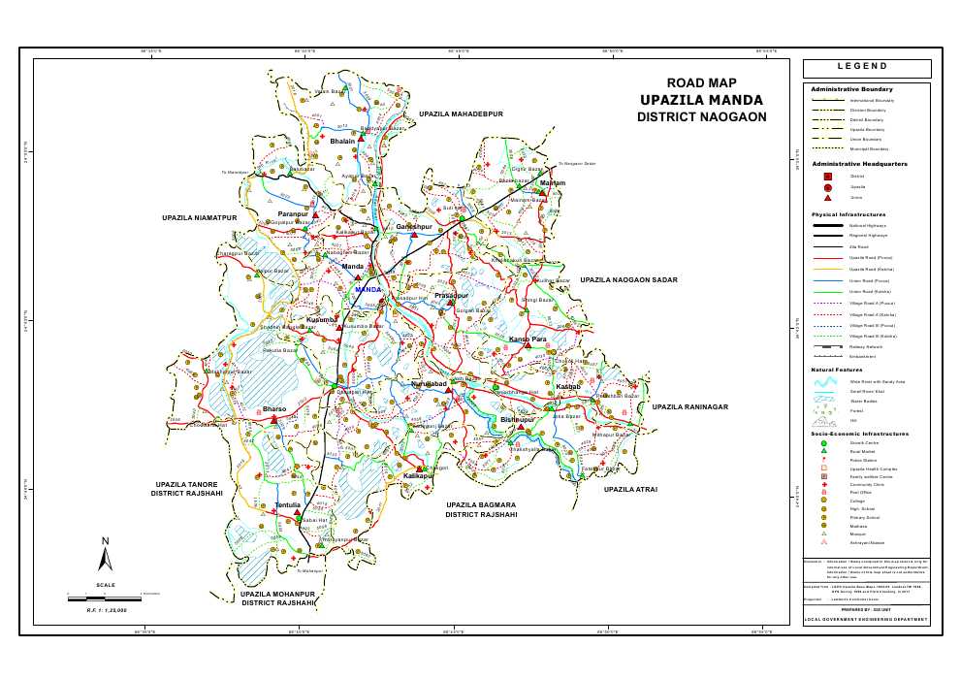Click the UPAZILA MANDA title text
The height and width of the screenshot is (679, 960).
701,100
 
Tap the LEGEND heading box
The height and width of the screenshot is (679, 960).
867,68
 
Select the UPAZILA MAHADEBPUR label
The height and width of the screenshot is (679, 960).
463,114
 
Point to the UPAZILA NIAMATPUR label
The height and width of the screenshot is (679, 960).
200,219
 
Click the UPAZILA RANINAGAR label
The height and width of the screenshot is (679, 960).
688,407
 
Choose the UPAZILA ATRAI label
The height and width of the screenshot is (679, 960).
630,490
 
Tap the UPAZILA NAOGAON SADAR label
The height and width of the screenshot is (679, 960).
625,279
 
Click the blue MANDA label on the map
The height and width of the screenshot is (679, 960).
368,289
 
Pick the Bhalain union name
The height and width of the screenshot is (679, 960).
342,142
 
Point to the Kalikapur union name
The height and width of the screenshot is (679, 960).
418,477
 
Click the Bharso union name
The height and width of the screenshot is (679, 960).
274,410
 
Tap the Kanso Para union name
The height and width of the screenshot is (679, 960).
528,339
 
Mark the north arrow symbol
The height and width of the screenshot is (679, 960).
106,555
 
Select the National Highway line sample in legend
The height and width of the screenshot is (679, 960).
828,225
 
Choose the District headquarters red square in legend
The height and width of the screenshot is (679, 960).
827,177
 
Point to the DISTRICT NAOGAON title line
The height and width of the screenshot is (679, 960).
701,117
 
